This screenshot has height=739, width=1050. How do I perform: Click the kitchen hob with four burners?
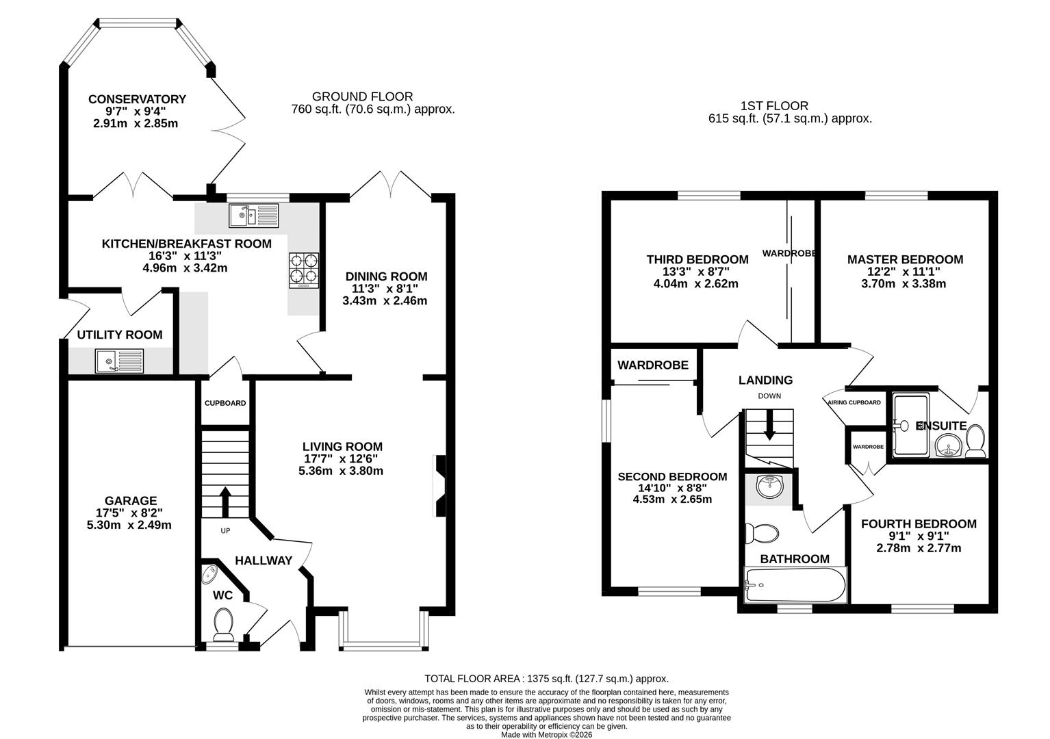pos(304,268)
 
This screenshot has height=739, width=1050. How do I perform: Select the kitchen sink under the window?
pos(254,215)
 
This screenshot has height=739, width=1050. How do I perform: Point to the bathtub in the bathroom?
pos(795,585)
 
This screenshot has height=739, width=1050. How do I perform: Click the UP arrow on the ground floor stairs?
pos(225,502)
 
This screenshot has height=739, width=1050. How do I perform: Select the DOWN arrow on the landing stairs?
pos(769,426)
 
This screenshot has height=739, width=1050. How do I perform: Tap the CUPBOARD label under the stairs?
pos(225,403)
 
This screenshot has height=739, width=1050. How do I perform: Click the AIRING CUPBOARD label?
pos(854,402)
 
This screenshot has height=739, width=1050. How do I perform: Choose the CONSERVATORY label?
pos(137,99)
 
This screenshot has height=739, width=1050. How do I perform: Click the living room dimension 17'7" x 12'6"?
pos(341,458)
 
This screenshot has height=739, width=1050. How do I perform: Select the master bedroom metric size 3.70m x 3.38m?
pos(904,283)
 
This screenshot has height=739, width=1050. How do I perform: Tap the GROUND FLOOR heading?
pos(362,96)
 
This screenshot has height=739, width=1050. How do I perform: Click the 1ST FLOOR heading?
pos(774,106)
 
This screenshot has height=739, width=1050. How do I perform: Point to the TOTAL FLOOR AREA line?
pos(546,679)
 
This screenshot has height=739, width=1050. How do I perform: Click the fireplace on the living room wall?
pos(439,486)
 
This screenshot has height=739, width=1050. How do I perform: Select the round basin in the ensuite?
pos(948,445)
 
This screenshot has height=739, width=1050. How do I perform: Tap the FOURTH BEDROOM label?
pos(918,524)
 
